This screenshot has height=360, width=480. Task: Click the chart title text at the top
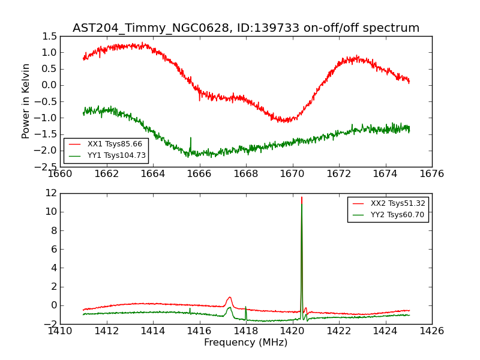[246, 28]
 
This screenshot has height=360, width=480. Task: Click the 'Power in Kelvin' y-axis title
[26, 101]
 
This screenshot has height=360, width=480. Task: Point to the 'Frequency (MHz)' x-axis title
[245, 343]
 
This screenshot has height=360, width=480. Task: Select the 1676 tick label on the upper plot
[431, 174]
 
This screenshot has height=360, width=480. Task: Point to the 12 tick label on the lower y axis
[50, 193]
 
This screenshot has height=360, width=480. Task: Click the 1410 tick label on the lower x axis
[60, 331]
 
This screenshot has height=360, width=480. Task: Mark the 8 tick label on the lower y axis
[53, 231]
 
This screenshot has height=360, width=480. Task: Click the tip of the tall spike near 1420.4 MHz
[302, 197]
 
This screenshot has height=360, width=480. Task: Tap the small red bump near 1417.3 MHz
[229, 298]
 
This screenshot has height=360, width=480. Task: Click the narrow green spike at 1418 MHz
[245, 307]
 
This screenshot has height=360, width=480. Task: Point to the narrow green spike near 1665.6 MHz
[190, 139]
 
